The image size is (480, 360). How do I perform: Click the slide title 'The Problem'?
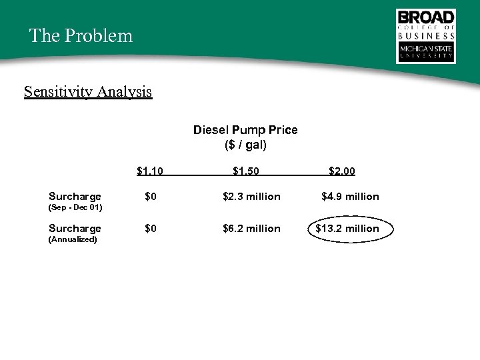coord(81,35)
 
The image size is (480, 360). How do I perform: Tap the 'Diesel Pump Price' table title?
coord(245,129)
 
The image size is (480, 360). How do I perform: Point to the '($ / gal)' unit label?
coord(245,144)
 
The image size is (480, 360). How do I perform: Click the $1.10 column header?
coord(150,171)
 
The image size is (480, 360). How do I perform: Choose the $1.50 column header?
coord(246,171)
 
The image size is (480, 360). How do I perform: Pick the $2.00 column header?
coord(342,171)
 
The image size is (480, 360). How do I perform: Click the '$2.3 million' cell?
coord(251,197)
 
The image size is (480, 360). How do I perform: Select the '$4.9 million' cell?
coord(350,197)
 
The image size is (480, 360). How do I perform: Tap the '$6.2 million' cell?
coord(251,229)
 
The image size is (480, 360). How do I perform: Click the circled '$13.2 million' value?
coord(347,229)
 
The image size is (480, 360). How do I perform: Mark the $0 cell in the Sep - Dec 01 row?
coord(151,197)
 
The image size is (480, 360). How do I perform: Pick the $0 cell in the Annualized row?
coord(151,229)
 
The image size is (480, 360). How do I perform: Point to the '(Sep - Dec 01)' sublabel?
coord(75,207)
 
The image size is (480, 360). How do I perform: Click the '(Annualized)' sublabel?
coord(73,239)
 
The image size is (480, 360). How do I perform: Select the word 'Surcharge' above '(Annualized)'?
coord(75,229)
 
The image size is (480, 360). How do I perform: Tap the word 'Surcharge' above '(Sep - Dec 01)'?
coord(75,197)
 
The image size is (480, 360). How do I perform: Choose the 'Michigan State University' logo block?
coord(426,53)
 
